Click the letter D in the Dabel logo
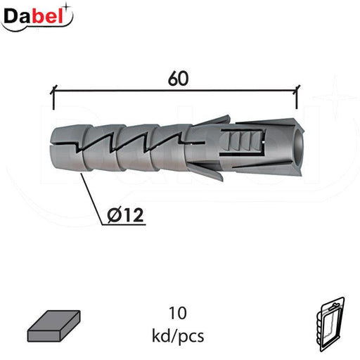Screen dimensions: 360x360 [x=12, y=15]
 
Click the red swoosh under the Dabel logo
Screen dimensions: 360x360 [x=35, y=28]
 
